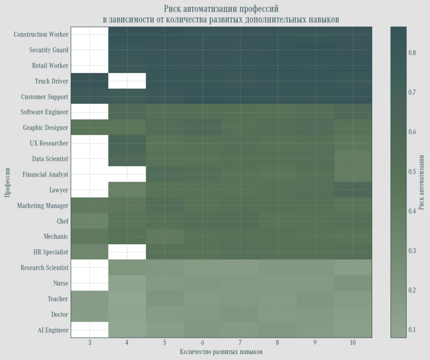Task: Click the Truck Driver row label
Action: (x=51, y=81)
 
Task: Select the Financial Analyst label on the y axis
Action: (x=45, y=175)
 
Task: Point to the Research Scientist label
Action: (x=44, y=268)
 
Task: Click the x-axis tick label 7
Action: (x=240, y=343)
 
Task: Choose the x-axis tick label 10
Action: (x=353, y=343)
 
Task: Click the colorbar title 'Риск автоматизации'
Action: (x=421, y=182)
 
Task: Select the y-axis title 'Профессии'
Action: (x=8, y=182)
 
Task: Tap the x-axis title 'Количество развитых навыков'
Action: (x=221, y=352)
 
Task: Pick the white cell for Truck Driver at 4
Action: (x=127, y=81)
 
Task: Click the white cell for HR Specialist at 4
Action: (x=127, y=252)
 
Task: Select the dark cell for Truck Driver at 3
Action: (x=90, y=81)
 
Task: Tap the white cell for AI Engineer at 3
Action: (x=90, y=330)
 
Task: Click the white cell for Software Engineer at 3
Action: (x=90, y=112)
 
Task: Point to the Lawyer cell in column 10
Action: (x=353, y=190)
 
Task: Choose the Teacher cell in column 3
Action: (x=90, y=299)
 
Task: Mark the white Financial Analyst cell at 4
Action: (x=127, y=175)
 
